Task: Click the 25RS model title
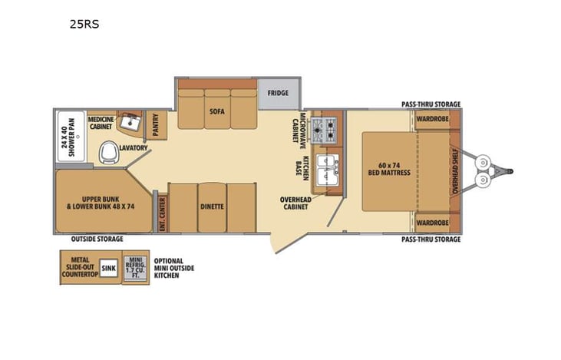tap(85, 24)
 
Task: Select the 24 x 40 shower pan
tap(70, 137)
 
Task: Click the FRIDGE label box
tap(278, 94)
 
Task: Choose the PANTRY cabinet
tap(156, 125)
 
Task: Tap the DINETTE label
tap(212, 206)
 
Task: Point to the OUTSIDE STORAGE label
tap(97, 239)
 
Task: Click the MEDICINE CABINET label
tap(101, 124)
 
